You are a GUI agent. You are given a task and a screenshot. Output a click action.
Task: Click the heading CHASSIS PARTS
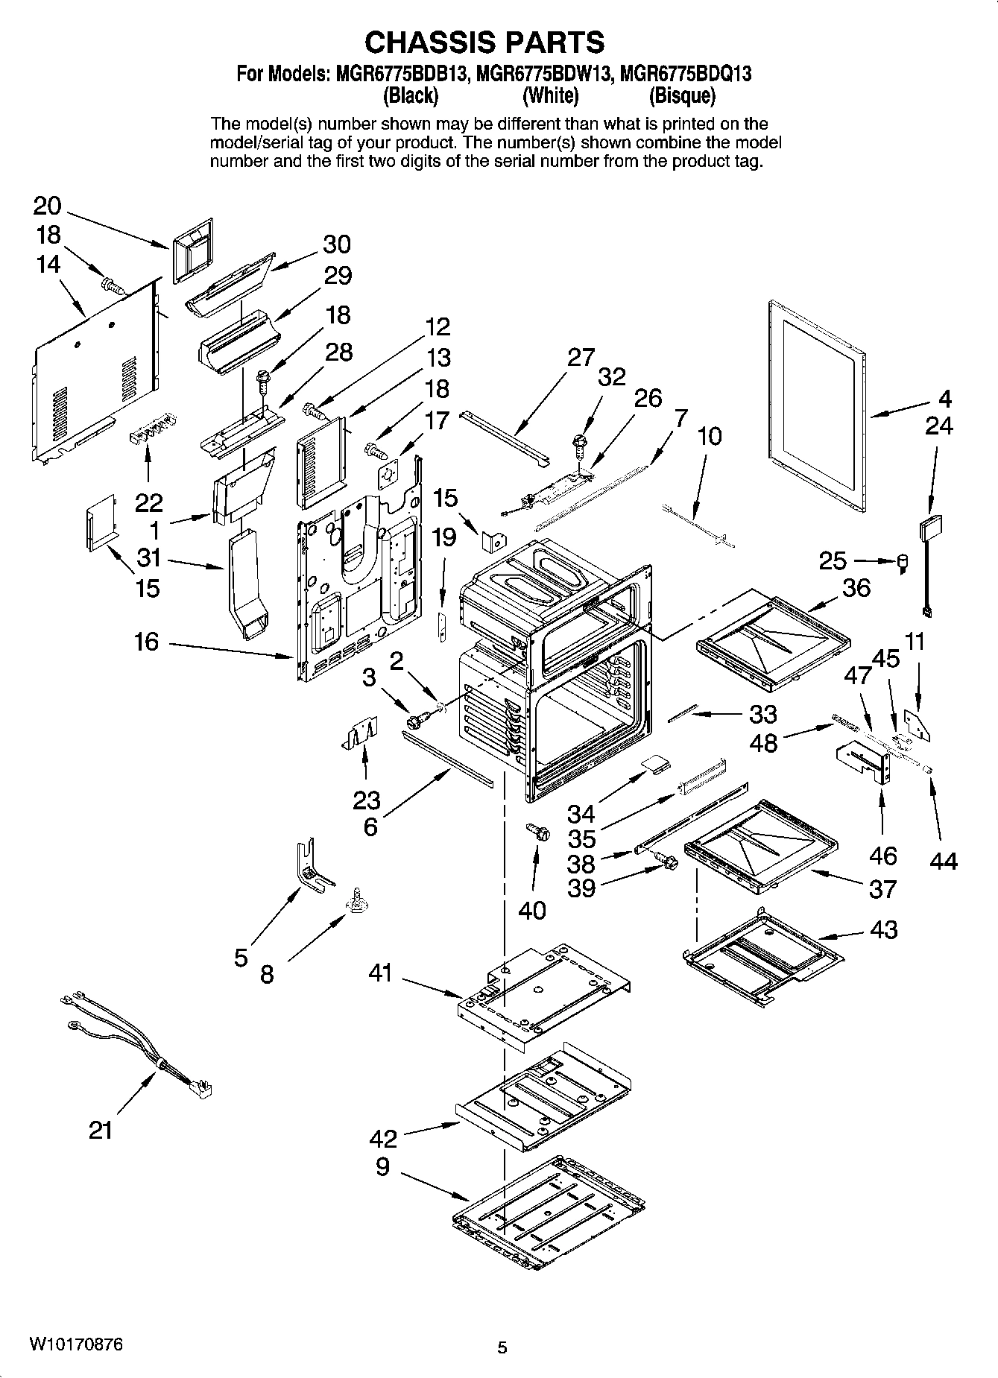pyautogui.click(x=484, y=42)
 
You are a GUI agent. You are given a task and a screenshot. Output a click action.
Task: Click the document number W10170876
pyautogui.click(x=76, y=1344)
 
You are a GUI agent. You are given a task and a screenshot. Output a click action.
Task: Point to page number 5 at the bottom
pyautogui.click(x=502, y=1347)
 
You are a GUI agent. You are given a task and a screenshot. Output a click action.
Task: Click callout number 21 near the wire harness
pyautogui.click(x=101, y=1130)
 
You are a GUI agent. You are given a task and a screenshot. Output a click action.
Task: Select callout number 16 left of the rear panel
pyautogui.click(x=146, y=641)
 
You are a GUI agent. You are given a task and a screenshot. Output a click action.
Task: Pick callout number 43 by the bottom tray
pyautogui.click(x=883, y=929)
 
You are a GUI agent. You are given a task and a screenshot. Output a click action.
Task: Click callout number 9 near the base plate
pyautogui.click(x=382, y=1166)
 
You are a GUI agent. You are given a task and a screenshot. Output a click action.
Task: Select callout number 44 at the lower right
pyautogui.click(x=944, y=861)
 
